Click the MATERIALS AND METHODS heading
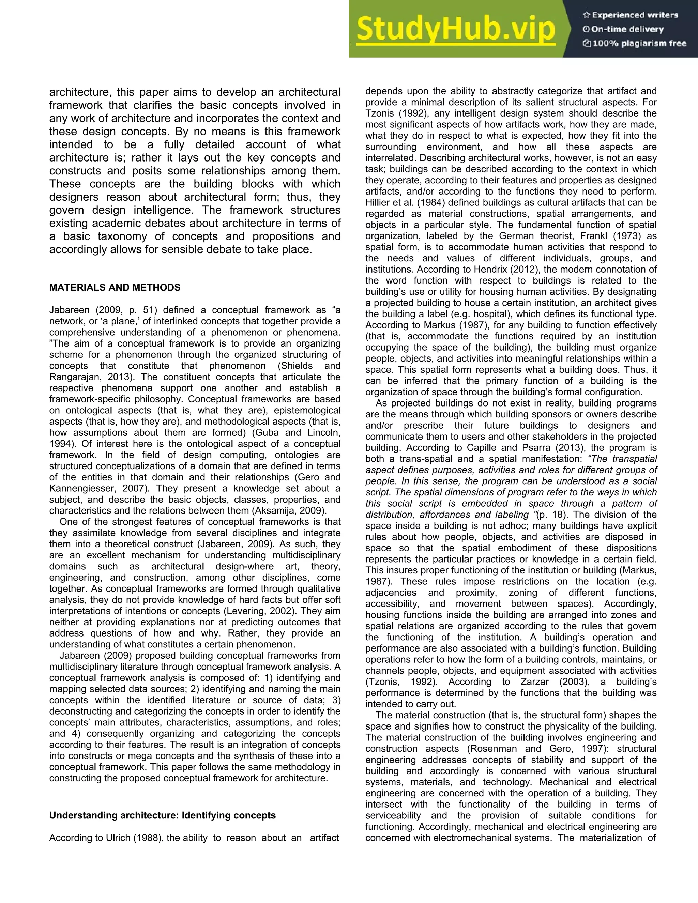[x=115, y=288]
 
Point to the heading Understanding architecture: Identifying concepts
[x=163, y=815]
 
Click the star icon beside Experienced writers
[x=586, y=15]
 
